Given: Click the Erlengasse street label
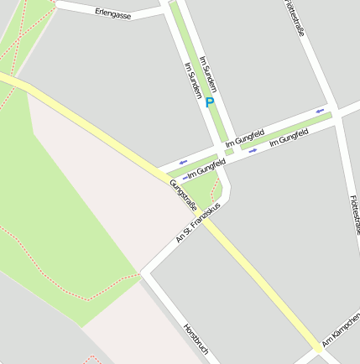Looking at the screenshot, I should click(113, 13).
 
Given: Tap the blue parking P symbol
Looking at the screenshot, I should click(210, 102).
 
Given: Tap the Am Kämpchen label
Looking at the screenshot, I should click(340, 334).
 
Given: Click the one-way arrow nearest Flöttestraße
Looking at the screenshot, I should click(321, 110).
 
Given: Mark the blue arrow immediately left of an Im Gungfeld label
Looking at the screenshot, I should click(185, 177).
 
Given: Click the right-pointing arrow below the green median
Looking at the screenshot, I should click(252, 151).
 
